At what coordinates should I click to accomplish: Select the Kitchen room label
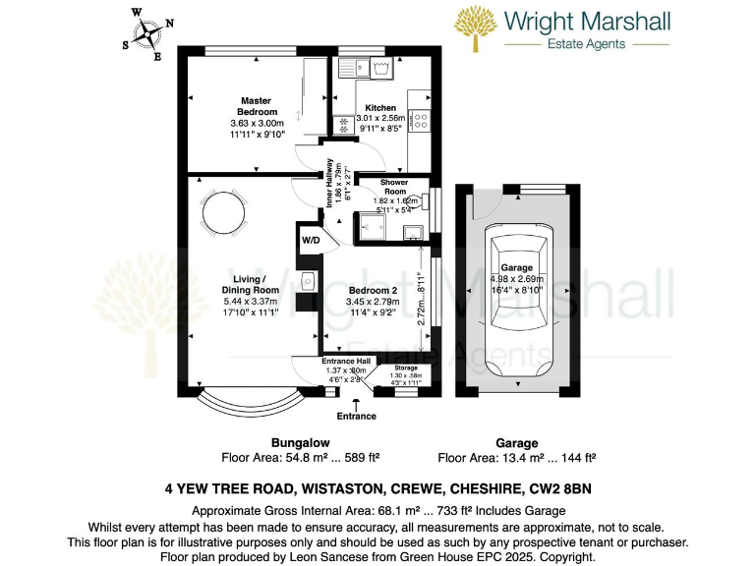click(380, 107)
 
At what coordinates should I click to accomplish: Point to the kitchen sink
click(366, 67)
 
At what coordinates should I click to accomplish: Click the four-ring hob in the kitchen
click(419, 120)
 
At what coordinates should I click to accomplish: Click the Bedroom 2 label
click(373, 291)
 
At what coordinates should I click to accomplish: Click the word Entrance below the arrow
click(356, 416)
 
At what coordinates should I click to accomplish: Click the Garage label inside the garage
click(517, 267)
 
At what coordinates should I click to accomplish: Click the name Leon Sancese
click(314, 556)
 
